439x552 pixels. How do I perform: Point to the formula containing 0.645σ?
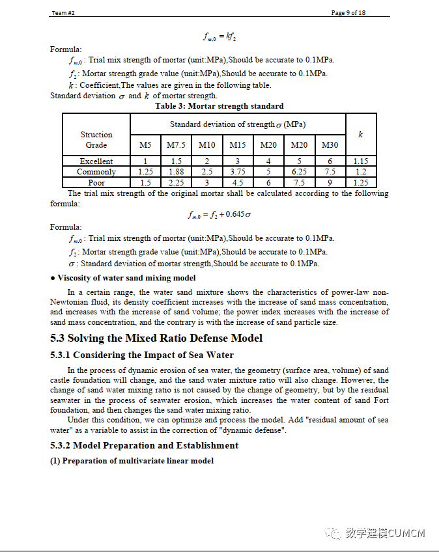[x=219, y=214]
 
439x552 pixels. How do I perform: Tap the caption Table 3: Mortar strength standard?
[x=219, y=106]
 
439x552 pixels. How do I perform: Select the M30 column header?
[x=330, y=145]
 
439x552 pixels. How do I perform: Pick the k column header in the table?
[x=360, y=134]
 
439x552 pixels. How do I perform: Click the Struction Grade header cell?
[x=96, y=139]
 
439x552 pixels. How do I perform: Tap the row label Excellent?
[x=96, y=161]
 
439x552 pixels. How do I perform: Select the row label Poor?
[x=96, y=183]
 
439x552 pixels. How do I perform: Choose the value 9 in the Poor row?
[x=330, y=183]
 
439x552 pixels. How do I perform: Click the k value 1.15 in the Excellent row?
[x=360, y=161]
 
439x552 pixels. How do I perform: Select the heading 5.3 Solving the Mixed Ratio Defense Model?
[x=156, y=338]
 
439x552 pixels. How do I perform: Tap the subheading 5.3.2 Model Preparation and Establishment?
[x=145, y=445]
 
